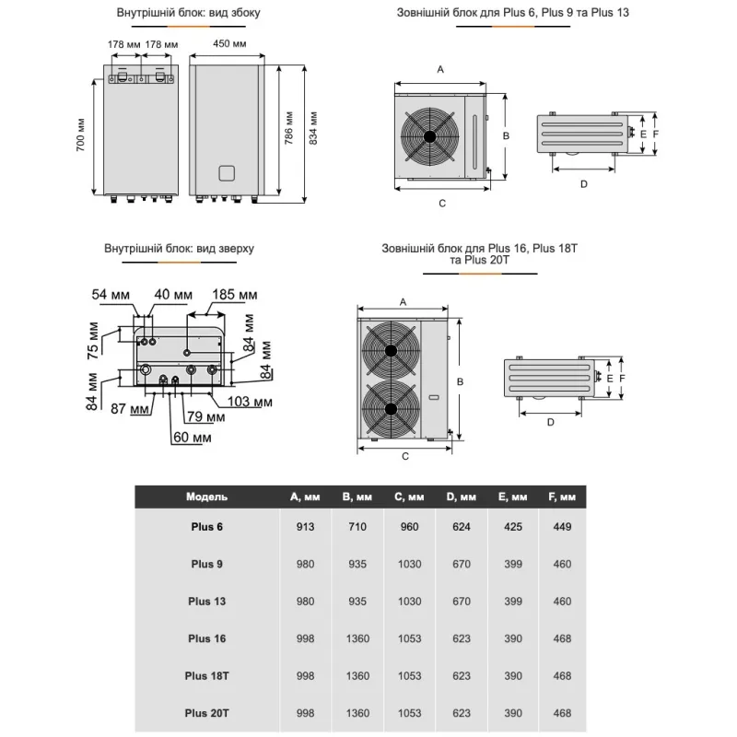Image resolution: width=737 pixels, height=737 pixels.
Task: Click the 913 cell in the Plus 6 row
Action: [x=304, y=527]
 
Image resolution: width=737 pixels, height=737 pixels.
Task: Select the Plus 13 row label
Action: [x=207, y=602]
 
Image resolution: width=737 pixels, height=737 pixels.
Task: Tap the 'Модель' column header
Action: [x=206, y=497]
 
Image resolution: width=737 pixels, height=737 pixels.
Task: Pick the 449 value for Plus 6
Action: [x=563, y=527]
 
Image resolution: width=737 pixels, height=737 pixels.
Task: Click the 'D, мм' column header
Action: [x=462, y=497]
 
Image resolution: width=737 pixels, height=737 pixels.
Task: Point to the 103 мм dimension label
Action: [x=250, y=402]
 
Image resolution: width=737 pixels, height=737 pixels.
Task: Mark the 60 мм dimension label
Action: [x=192, y=437]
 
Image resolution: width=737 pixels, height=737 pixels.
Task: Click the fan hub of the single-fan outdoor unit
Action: [x=430, y=135]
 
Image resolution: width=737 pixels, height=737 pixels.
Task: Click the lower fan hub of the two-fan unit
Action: [x=391, y=409]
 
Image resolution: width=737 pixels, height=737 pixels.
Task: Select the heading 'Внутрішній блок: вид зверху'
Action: [x=180, y=249]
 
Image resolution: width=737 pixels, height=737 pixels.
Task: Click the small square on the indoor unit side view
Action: [x=228, y=172]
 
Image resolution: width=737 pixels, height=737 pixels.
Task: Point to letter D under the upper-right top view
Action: [x=583, y=183]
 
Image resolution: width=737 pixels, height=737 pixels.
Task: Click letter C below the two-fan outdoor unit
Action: [x=404, y=455]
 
